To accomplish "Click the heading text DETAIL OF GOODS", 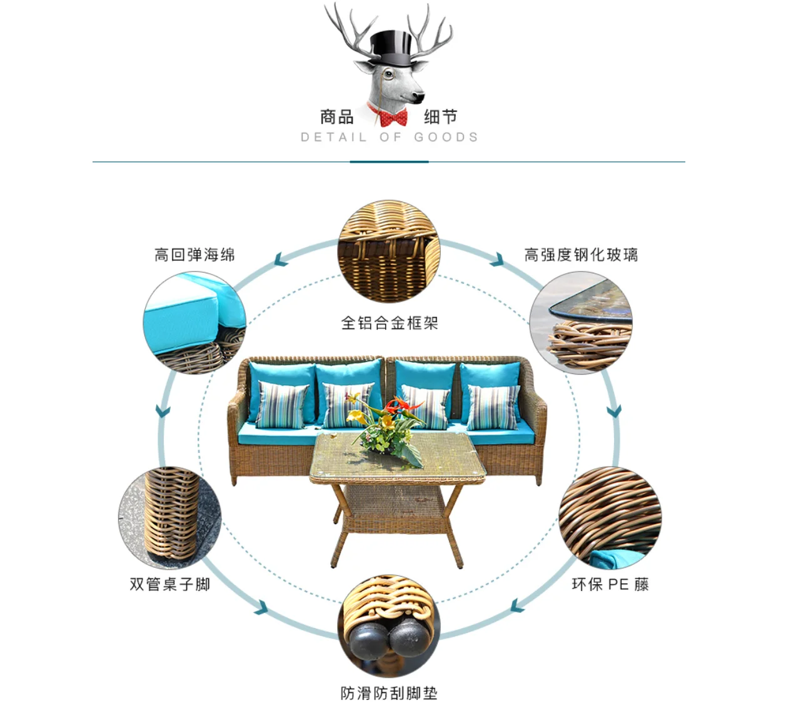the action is pyautogui.click(x=389, y=137).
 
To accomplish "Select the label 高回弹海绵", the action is pyautogui.click(x=194, y=255).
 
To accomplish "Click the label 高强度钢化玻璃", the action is pyautogui.click(x=581, y=255).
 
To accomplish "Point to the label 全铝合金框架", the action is pyautogui.click(x=389, y=323).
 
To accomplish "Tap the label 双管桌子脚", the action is pyautogui.click(x=169, y=584).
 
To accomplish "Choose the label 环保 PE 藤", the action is pyautogui.click(x=610, y=584).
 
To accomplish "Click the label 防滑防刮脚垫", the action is pyautogui.click(x=389, y=693).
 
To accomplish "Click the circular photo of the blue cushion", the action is pyautogui.click(x=194, y=323).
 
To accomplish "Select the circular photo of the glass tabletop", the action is pyautogui.click(x=581, y=323).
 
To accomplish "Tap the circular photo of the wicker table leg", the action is pyautogui.click(x=169, y=518).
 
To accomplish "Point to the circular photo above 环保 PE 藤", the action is pyautogui.click(x=610, y=517).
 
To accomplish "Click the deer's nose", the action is pyautogui.click(x=417, y=97).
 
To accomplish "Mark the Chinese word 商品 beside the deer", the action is pyautogui.click(x=337, y=117).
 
